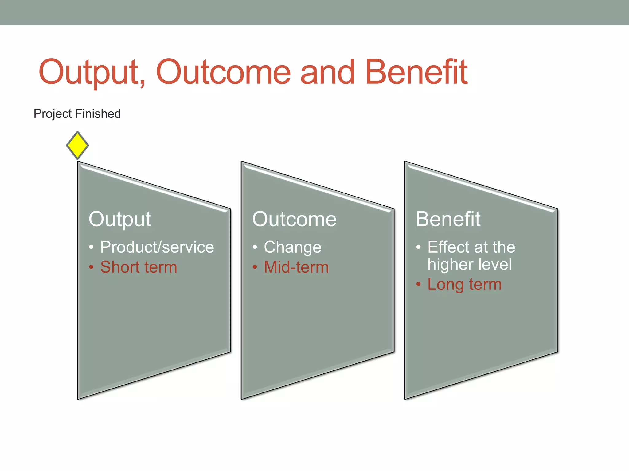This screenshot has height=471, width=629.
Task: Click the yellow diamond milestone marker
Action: click(77, 145)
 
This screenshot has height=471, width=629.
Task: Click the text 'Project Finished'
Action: click(77, 114)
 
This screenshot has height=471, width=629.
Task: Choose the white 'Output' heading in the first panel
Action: click(120, 219)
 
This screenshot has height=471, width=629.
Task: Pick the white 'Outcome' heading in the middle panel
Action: click(294, 219)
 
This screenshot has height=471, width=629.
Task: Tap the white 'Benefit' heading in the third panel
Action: click(448, 219)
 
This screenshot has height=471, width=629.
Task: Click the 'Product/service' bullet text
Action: click(157, 247)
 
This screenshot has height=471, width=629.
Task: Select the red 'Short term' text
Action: click(139, 267)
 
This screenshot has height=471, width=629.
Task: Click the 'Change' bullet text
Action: click(292, 247)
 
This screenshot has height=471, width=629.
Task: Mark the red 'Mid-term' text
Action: click(296, 267)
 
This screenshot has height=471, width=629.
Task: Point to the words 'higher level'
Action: click(469, 264)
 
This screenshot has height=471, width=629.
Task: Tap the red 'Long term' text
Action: click(464, 284)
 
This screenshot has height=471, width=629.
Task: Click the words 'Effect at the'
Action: click(471, 247)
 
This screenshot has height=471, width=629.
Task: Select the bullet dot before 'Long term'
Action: click(418, 284)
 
